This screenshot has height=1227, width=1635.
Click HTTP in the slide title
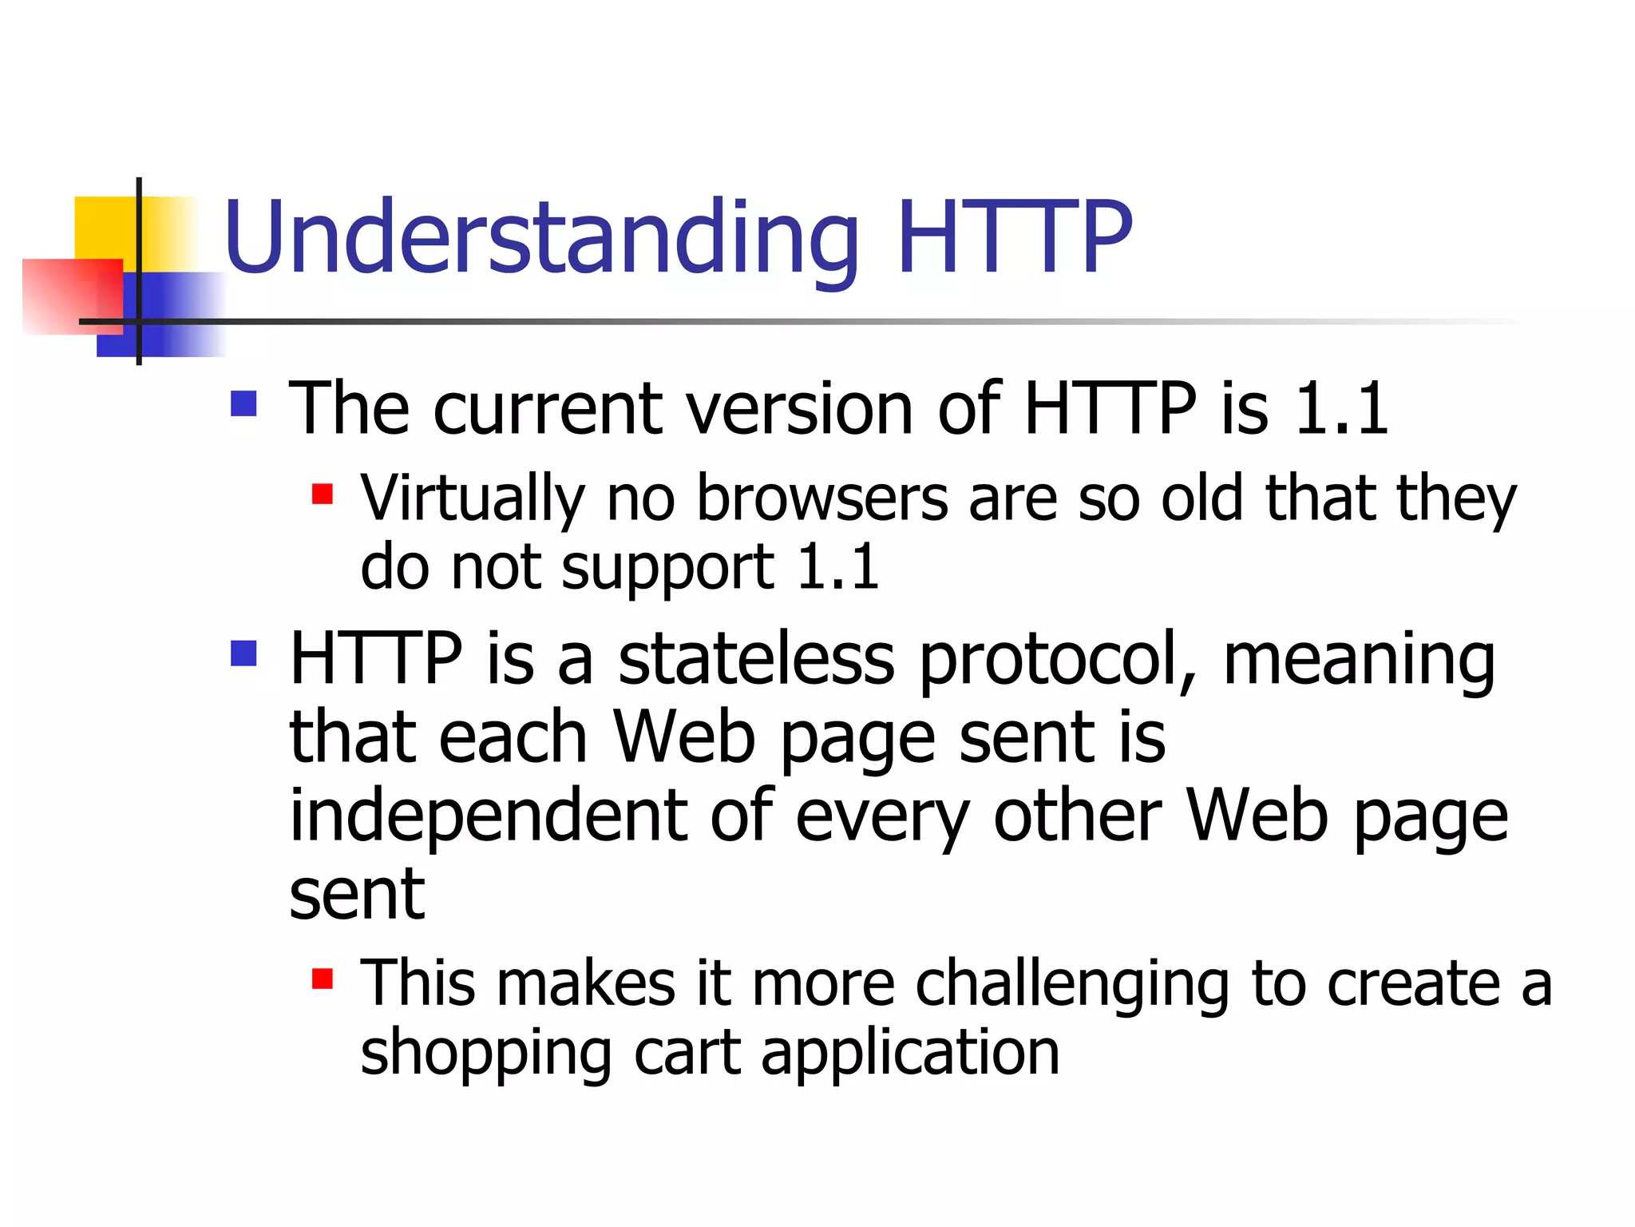click(1014, 238)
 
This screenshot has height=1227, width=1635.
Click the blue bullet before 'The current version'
click(243, 403)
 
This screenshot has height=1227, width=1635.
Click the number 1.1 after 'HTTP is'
click(1341, 409)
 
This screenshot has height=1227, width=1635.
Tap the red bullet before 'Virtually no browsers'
click(322, 494)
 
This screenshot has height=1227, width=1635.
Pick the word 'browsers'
click(822, 498)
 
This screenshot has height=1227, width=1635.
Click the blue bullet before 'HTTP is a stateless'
click(243, 653)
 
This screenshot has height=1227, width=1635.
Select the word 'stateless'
click(756, 659)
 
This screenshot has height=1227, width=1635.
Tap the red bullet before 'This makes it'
click(322, 979)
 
